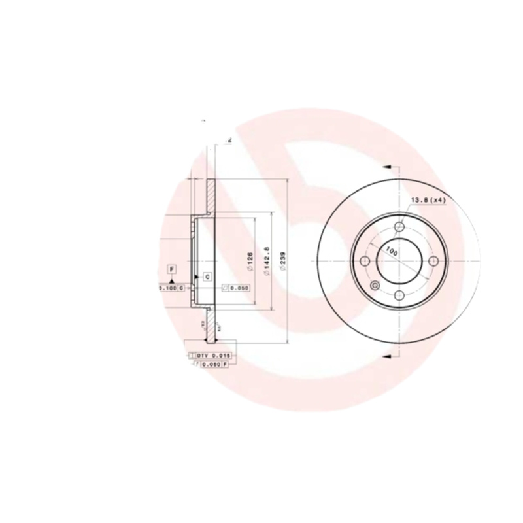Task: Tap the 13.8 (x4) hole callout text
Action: point(428,201)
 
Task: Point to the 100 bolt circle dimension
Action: point(391,250)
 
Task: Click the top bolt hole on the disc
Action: point(399,227)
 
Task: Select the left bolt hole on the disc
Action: point(365,261)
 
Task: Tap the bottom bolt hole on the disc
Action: point(399,295)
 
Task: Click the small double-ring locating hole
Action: point(375,286)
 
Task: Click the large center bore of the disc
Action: point(399,261)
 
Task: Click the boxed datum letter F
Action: point(172,269)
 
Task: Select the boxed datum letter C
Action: point(207,277)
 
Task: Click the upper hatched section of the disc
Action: point(211,195)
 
